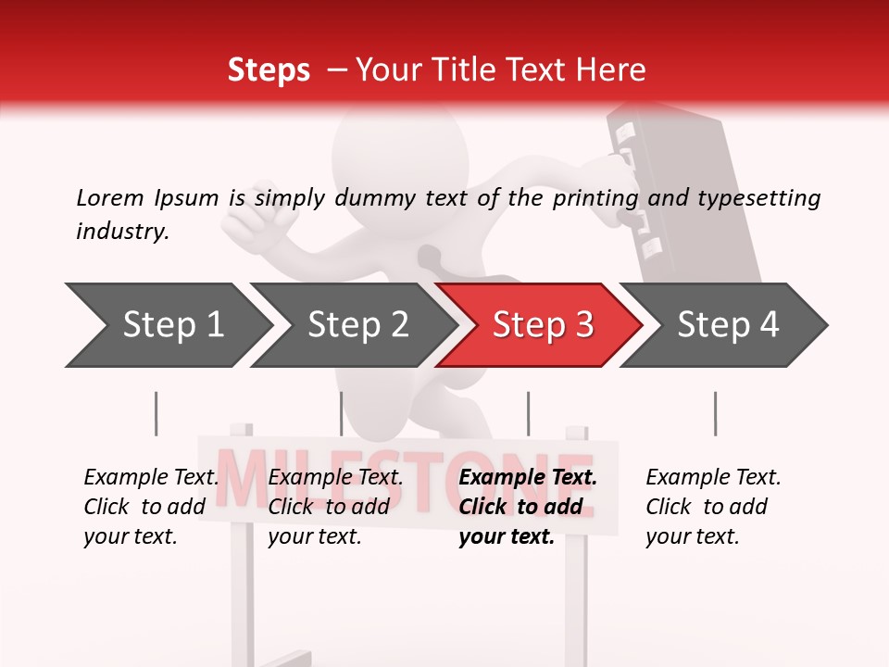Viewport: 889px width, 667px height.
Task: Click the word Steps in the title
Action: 269,70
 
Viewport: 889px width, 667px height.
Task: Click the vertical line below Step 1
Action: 156,413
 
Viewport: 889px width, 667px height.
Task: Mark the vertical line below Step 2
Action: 342,413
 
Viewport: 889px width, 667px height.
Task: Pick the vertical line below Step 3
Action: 528,413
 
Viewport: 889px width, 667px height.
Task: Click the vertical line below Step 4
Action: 715,413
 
